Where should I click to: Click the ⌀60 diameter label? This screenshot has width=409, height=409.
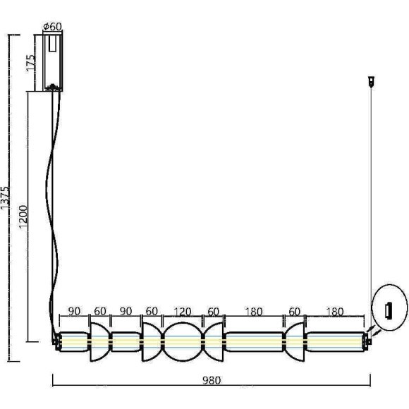[52, 26]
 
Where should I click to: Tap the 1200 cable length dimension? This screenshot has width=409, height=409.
[23, 216]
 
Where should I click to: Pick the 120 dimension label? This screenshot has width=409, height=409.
[183, 312]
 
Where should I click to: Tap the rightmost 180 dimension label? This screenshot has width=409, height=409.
[335, 312]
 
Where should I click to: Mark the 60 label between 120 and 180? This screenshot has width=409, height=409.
[212, 312]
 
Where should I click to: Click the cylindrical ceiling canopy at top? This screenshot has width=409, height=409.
[52, 62]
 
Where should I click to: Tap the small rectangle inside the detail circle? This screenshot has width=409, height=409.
[388, 310]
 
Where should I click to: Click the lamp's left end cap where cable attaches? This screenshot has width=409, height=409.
[56, 342]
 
